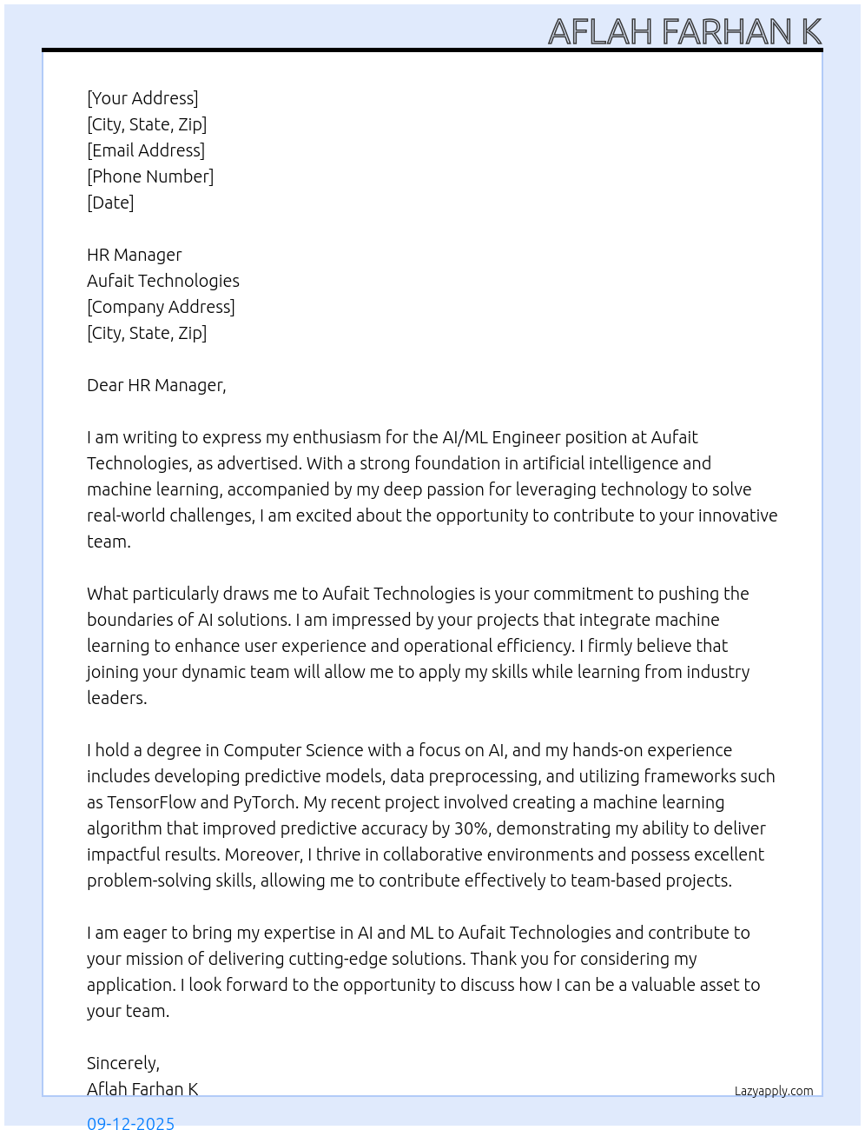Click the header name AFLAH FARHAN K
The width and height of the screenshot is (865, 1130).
click(684, 32)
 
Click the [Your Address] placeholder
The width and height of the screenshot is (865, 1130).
click(142, 98)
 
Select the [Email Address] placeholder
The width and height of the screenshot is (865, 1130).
click(146, 150)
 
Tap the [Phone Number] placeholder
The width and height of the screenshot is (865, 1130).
click(150, 176)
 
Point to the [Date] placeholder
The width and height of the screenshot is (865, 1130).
click(110, 203)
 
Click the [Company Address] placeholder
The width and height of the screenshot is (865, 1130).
click(161, 307)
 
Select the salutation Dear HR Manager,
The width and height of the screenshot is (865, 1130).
click(156, 385)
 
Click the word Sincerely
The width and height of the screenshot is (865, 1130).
click(122, 1063)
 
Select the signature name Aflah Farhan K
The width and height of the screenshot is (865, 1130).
click(142, 1089)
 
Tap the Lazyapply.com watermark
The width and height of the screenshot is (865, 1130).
click(774, 1091)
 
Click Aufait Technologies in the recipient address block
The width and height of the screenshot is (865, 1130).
click(163, 281)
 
